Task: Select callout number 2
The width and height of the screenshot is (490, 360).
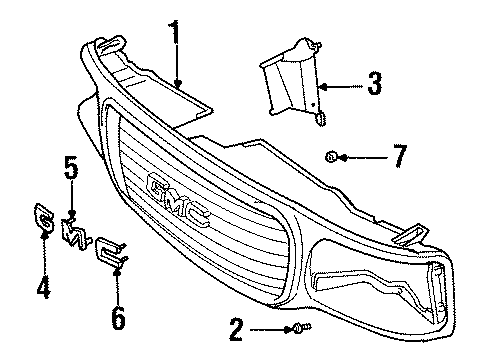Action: [x=236, y=328]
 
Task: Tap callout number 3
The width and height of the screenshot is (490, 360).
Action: [x=373, y=85]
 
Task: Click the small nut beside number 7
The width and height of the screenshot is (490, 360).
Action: [x=330, y=156]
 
